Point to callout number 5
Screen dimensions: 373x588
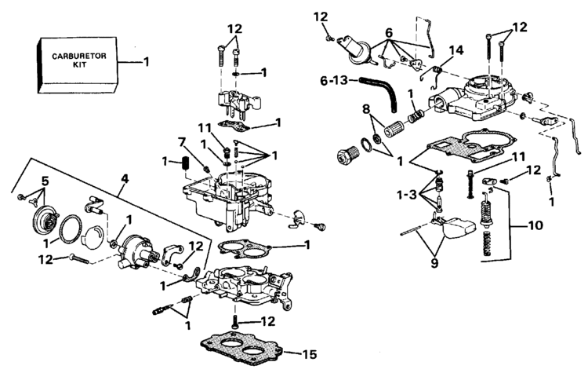[x=44, y=181]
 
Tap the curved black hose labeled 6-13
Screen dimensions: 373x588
[x=387, y=93]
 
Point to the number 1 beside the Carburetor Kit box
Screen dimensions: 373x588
[x=143, y=61]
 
